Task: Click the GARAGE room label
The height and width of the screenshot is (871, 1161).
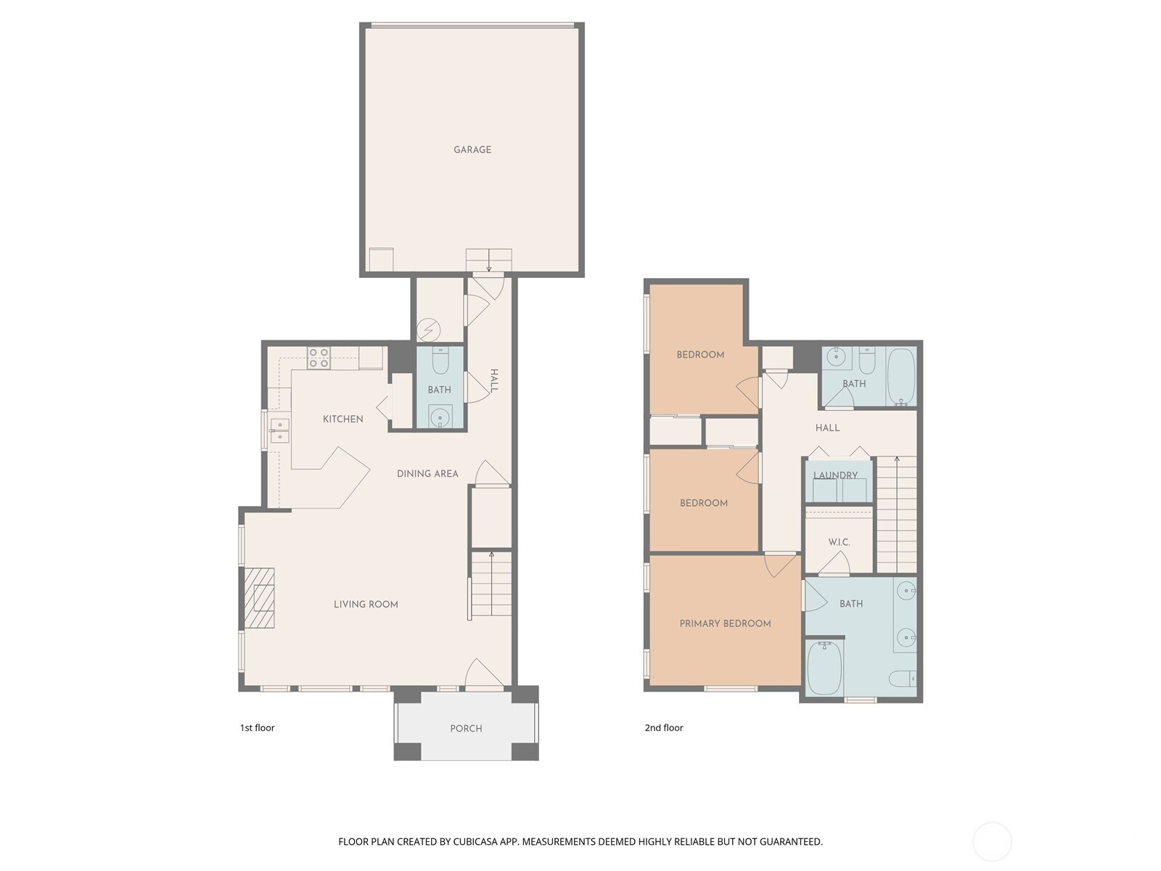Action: pyautogui.click(x=472, y=150)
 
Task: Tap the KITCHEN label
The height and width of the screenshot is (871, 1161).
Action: pyautogui.click(x=342, y=419)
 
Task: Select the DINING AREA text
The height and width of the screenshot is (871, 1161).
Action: pyautogui.click(x=427, y=474)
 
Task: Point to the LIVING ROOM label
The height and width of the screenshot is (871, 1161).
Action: pyautogui.click(x=366, y=604)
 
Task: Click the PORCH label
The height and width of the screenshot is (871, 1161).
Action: pyautogui.click(x=466, y=728)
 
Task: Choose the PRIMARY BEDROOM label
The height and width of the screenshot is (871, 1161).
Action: pyautogui.click(x=725, y=623)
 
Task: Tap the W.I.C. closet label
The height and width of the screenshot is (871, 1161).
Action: pyautogui.click(x=839, y=542)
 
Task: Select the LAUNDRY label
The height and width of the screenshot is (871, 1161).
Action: pyautogui.click(x=836, y=475)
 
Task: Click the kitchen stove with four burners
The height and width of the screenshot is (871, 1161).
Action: pyautogui.click(x=319, y=358)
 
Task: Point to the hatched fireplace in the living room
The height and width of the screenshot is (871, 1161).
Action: pyautogui.click(x=259, y=597)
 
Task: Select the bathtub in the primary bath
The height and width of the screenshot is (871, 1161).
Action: pyautogui.click(x=824, y=667)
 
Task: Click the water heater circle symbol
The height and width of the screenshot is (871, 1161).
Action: pyautogui.click(x=428, y=330)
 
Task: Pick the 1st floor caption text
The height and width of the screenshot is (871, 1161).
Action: pyautogui.click(x=257, y=728)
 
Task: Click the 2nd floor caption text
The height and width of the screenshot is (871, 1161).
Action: pyautogui.click(x=664, y=728)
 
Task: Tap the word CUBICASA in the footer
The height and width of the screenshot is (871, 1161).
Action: pyautogui.click(x=475, y=841)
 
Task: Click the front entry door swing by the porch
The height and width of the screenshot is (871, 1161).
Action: pyautogui.click(x=484, y=674)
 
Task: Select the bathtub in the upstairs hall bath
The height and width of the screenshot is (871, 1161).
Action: pyautogui.click(x=901, y=376)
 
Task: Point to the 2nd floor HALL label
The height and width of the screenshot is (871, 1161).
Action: pyautogui.click(x=827, y=428)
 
